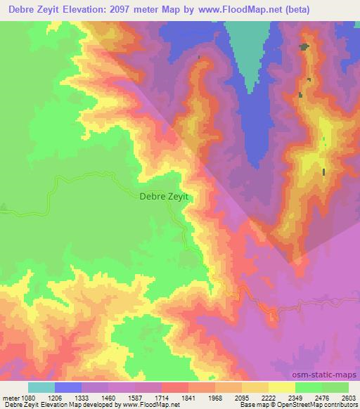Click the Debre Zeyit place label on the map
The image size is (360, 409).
(x=164, y=197)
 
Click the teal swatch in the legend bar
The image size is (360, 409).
(x=41, y=387)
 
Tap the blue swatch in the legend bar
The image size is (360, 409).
(x=68, y=387)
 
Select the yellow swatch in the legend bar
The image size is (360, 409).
(x=281, y=387)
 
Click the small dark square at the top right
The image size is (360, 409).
(x=304, y=47)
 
